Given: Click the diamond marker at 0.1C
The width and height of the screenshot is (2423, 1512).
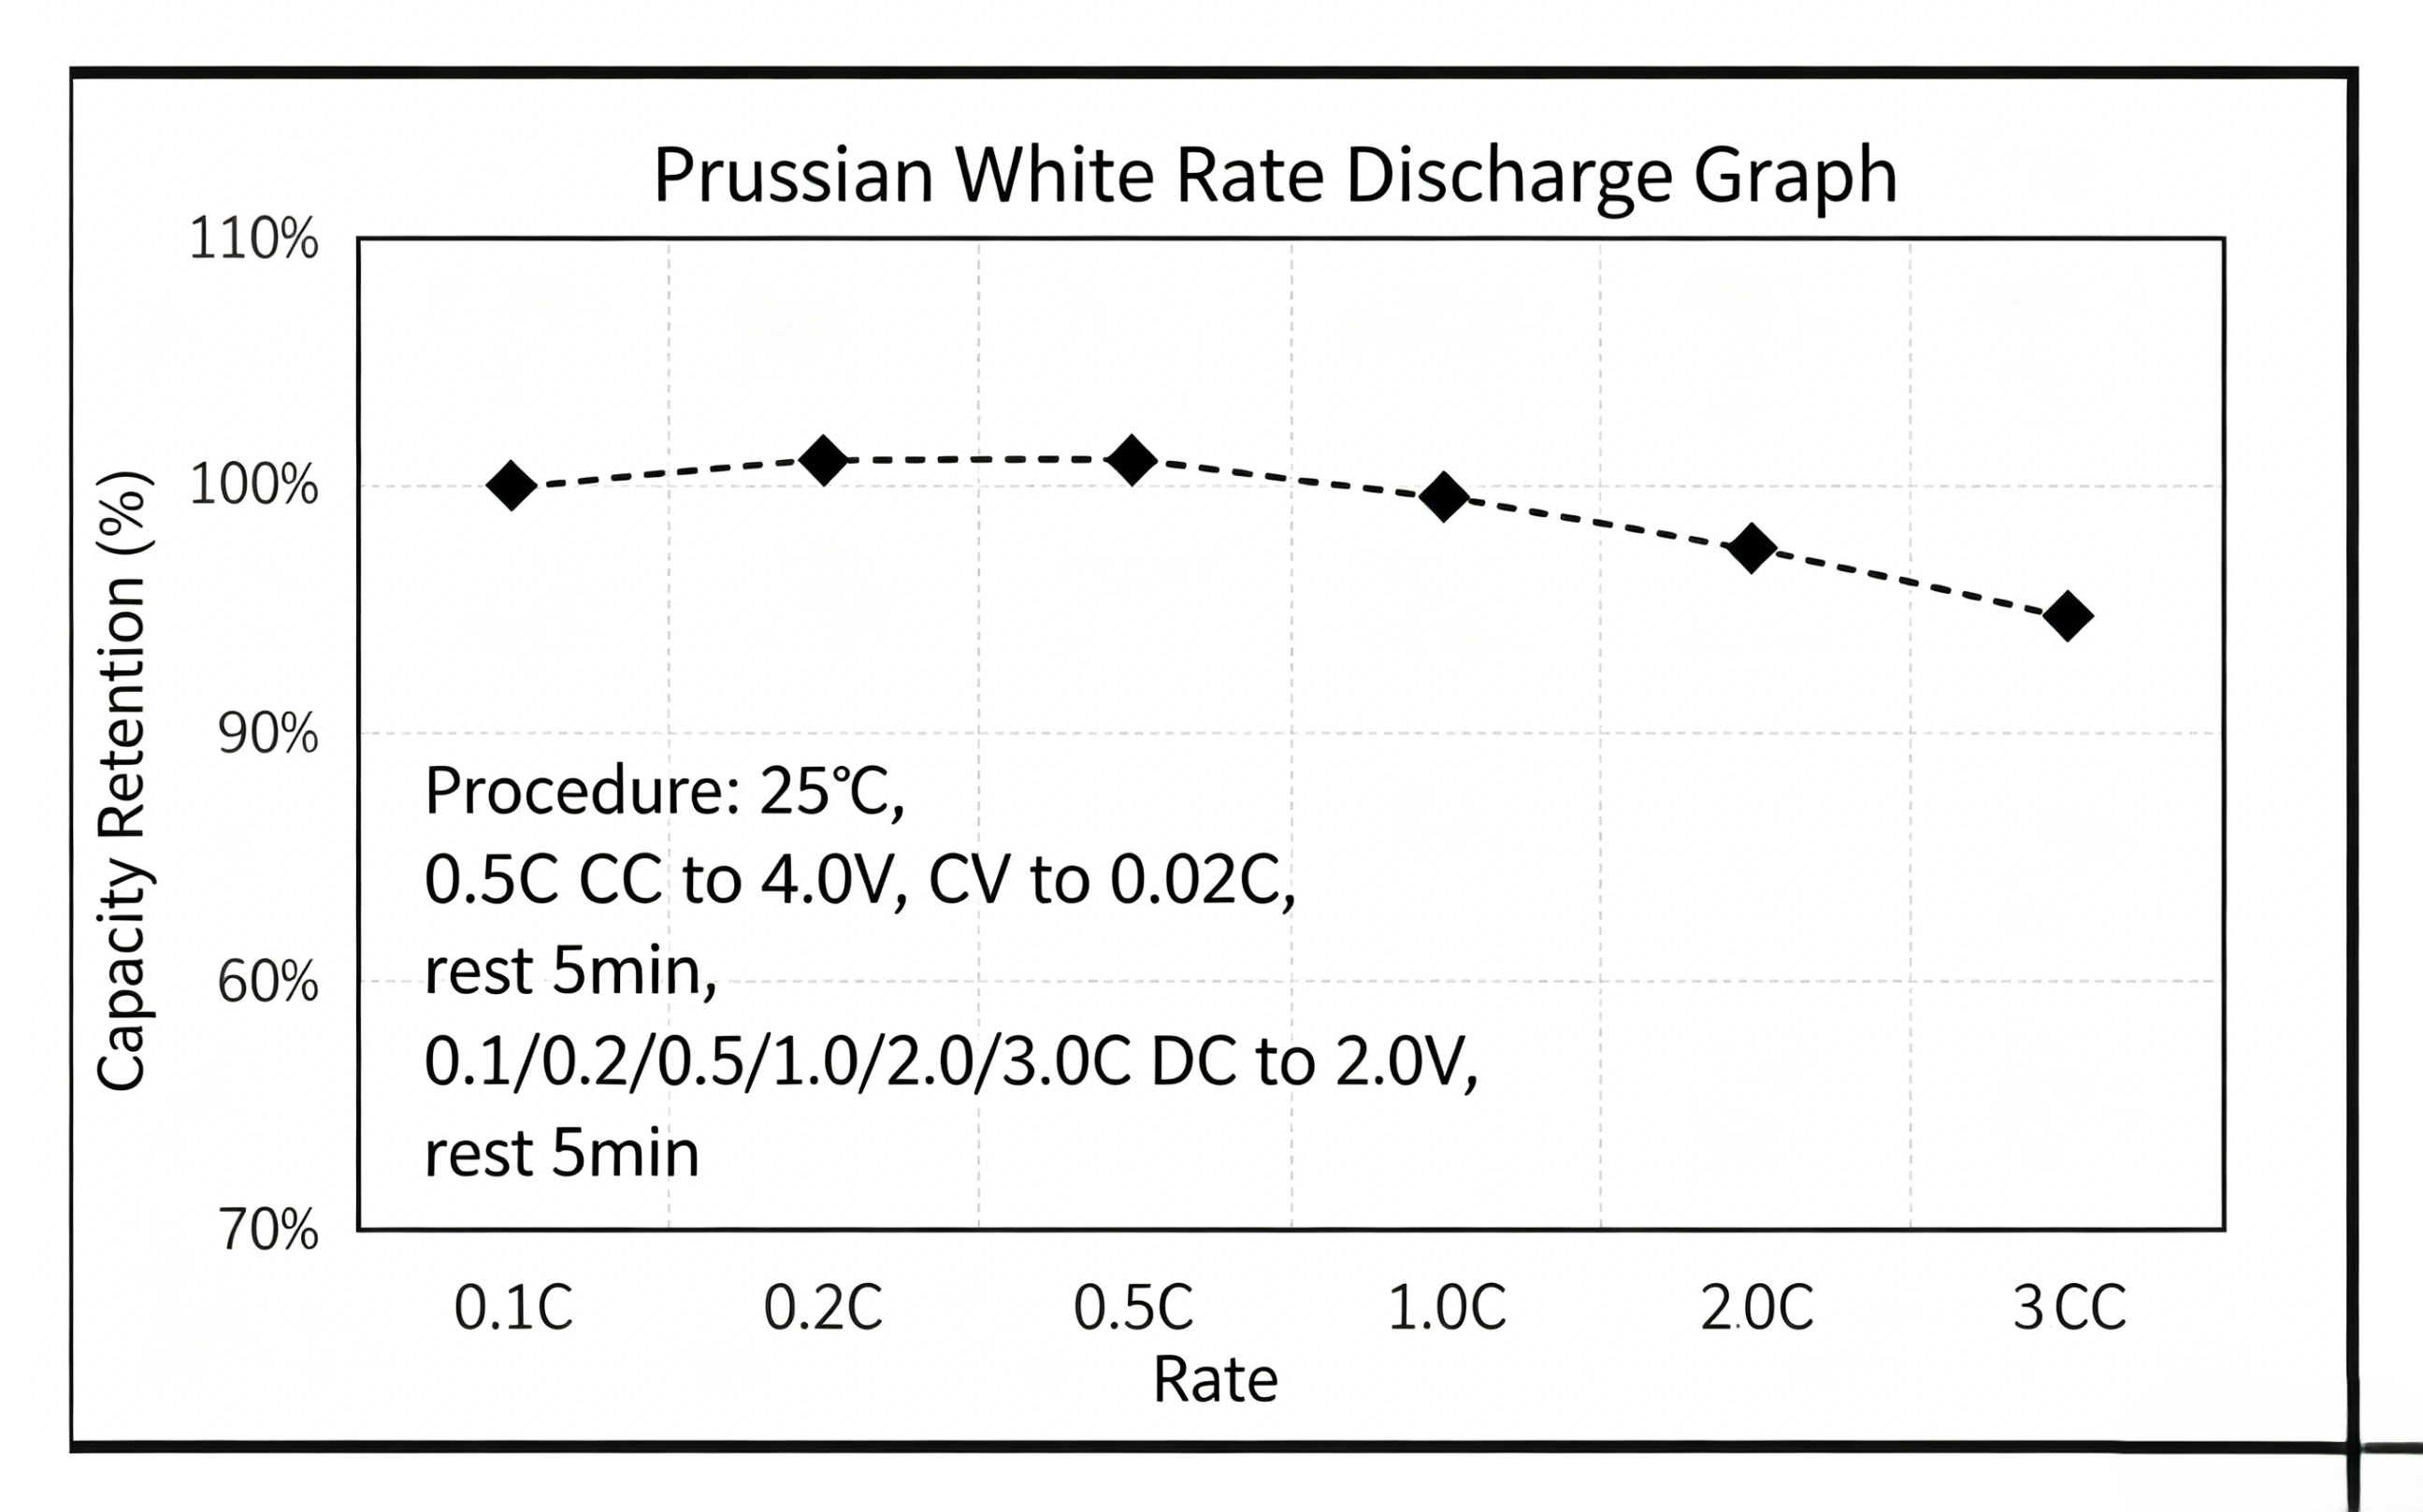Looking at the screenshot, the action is click(511, 486).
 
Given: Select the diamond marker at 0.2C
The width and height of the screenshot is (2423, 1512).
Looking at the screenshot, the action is click(824, 460).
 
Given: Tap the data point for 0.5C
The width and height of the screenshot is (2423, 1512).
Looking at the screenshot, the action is click(1132, 460).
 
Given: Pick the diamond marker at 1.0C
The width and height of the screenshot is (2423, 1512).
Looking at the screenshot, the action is click(1444, 497).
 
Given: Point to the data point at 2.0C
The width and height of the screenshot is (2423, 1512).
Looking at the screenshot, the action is click(1752, 548).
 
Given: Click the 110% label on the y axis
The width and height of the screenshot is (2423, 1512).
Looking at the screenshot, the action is click(254, 240).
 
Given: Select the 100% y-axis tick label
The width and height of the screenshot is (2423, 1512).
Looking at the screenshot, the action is click(254, 486).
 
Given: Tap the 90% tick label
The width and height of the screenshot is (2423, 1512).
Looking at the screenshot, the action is click(267, 734).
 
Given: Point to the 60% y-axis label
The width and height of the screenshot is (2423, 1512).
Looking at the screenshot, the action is click(267, 982).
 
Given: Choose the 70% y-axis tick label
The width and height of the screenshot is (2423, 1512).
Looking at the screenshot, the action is click(267, 1230).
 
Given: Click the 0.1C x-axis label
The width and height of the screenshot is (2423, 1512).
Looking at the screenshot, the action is click(514, 1307).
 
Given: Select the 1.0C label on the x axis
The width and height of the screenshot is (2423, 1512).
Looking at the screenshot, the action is click(1447, 1307).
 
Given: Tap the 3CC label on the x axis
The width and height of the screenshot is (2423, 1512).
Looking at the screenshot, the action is click(2069, 1307).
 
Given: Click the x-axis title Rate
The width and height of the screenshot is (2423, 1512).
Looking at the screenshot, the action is click(1215, 1380).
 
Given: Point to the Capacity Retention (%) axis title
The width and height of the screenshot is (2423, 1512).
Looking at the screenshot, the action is click(124, 780).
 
